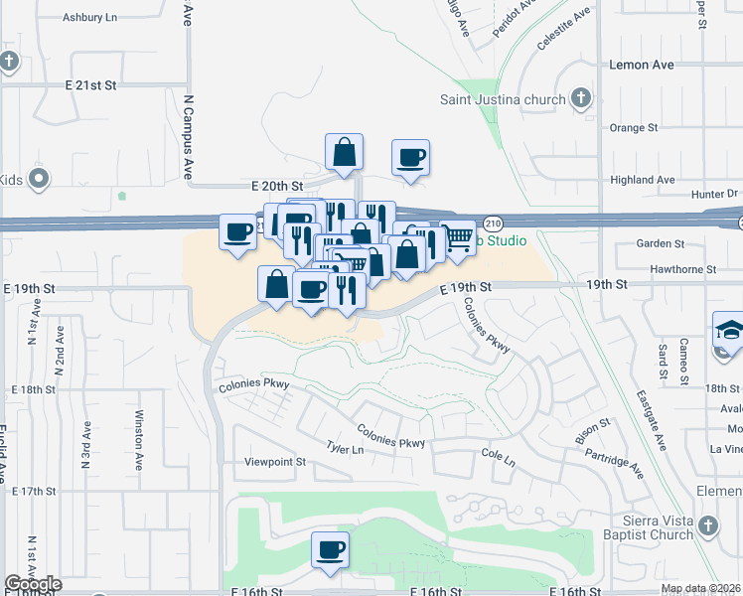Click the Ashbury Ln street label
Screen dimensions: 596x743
click(89, 18)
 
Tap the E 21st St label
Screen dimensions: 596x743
click(91, 85)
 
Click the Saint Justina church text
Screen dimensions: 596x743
click(504, 99)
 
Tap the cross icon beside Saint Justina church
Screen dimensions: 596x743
click(581, 98)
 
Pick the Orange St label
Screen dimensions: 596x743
click(634, 128)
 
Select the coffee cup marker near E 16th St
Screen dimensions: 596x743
click(330, 549)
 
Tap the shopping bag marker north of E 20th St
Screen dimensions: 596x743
click(344, 152)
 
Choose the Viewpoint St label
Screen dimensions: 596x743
click(275, 462)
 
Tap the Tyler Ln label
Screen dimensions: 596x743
click(345, 449)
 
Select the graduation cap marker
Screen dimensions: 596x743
click(729, 330)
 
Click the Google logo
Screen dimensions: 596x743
click(33, 584)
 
